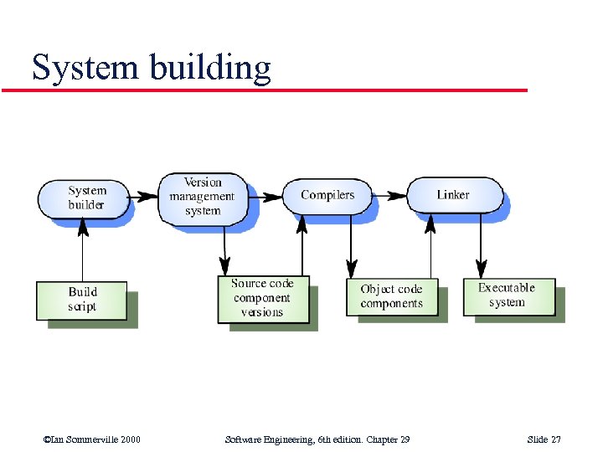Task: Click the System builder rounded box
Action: tap(84, 198)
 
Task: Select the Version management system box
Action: tap(203, 198)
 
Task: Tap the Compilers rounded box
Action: tap(327, 195)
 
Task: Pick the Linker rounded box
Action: tap(454, 195)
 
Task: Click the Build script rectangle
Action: tap(82, 300)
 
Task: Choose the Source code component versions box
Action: tap(263, 299)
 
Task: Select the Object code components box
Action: tap(392, 297)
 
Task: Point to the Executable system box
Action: tap(508, 296)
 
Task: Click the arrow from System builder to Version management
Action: tap(144, 198)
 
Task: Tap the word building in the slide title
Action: tap(211, 67)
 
